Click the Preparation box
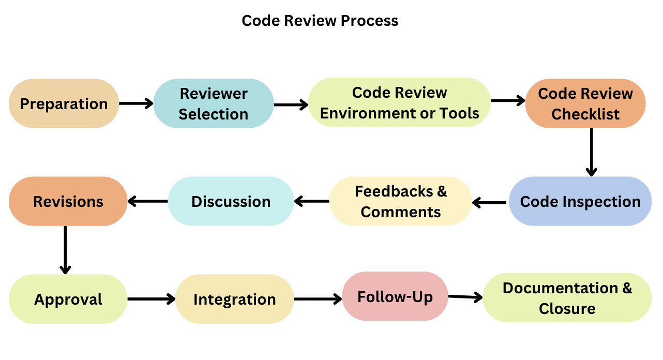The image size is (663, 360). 64,103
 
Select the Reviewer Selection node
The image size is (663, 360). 214,103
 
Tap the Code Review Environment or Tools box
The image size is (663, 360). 399,102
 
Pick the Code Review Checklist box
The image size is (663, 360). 585,103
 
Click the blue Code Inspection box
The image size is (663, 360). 580,201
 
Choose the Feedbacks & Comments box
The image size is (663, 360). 401,201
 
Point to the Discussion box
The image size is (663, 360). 231,201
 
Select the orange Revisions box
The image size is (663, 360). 68,201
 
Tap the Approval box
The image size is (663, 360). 68,299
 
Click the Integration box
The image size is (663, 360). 235,299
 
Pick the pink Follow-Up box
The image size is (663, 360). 395,296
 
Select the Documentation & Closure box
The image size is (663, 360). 567,298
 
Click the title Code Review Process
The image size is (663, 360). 320,21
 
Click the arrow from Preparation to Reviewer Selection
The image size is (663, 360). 136,103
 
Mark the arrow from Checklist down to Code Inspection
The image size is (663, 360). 591,152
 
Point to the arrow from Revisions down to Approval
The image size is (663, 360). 65,250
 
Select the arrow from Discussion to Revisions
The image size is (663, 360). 148,201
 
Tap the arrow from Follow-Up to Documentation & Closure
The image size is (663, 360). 465,297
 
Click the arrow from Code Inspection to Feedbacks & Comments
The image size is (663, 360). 490,203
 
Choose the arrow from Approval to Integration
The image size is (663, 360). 152,299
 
